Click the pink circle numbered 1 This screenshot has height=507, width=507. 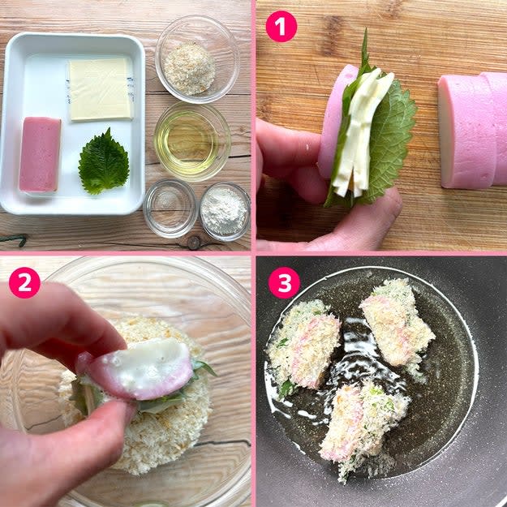[x=281, y=27]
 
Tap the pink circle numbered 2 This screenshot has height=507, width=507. [x=24, y=282]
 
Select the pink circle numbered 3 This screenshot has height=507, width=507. [x=284, y=283]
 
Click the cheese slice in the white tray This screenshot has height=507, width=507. [x=101, y=89]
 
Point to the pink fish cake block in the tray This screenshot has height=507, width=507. [x=40, y=155]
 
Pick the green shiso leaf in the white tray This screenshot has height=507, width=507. [x=104, y=162]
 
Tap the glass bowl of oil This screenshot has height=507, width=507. [x=192, y=142]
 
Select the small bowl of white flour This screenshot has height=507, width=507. [x=225, y=212]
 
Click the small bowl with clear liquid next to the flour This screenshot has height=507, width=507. [x=170, y=208]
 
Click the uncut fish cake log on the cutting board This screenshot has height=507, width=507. [x=473, y=130]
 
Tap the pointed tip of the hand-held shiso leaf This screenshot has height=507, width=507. [x=366, y=30]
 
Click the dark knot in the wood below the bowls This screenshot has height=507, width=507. [x=195, y=243]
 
